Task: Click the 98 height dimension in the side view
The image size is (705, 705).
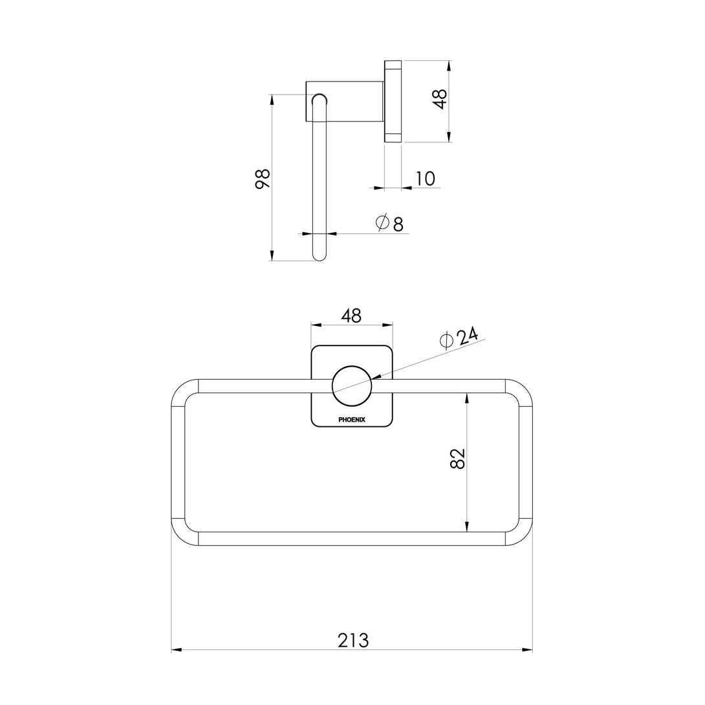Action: coord(262,178)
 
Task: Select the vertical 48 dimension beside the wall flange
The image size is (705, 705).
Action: coord(440,99)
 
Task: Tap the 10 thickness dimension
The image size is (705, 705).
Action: coord(425,179)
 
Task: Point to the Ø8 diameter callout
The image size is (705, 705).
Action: coord(390,223)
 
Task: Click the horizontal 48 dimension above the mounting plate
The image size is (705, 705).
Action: coord(351,316)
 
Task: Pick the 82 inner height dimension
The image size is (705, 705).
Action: coord(457,459)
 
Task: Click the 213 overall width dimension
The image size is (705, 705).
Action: coord(352,640)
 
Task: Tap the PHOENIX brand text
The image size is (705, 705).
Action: coord(352,420)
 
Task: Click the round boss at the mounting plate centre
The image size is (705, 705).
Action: coord(351,386)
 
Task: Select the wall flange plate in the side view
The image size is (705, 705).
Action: coord(393,101)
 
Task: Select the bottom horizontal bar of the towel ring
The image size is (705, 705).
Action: coord(351,539)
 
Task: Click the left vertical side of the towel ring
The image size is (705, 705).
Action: coord(178,462)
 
